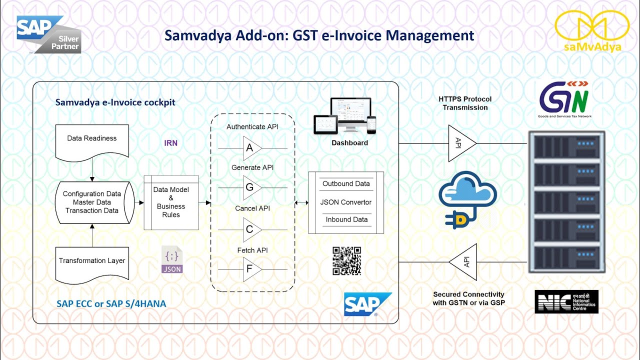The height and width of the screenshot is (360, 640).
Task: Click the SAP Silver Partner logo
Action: click(48, 34)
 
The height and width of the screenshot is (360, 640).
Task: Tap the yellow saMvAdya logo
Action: click(592, 31)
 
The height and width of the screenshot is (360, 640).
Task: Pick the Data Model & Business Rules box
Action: click(171, 202)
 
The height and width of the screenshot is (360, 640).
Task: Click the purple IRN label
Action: click(171, 143)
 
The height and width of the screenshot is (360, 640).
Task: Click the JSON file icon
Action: click(172, 260)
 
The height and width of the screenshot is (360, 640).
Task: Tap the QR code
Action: click(346, 260)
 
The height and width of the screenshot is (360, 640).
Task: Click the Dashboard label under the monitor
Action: click(349, 143)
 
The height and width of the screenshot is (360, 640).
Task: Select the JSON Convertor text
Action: click(346, 202)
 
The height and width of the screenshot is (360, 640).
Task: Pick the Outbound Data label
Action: click(346, 183)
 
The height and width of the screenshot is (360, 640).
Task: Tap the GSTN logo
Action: click(565, 100)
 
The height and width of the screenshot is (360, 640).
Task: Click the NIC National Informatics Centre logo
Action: click(566, 301)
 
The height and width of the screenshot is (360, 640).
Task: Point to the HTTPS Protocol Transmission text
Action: click(465, 103)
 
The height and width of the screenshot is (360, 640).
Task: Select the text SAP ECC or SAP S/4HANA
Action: click(111, 303)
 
